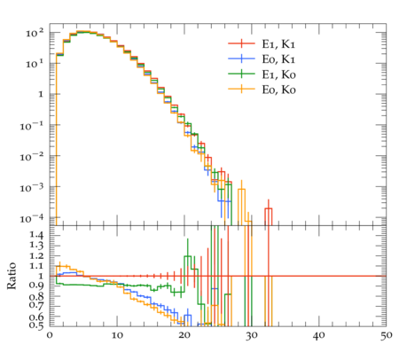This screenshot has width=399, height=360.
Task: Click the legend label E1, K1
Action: pos(278,44)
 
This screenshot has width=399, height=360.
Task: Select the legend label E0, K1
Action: pos(278,59)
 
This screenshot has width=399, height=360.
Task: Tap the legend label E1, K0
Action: pos(278,74)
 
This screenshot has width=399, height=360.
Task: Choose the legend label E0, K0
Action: pos(278,90)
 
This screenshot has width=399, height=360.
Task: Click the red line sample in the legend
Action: pos(241,43)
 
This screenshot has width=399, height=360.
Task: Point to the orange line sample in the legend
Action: pos(241,89)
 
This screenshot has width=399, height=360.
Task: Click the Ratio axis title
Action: pos(12,276)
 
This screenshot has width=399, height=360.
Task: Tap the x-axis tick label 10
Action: pos(117,336)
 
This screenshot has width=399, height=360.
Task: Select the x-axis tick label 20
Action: pos(184,336)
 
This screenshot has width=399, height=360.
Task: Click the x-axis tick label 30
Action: pos(252,336)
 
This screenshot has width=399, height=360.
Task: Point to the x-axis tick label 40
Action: pos(319,336)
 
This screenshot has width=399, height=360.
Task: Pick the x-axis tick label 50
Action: pos(387,336)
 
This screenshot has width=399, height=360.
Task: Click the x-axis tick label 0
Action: pos(50,336)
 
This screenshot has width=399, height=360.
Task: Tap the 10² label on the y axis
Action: pos(35,33)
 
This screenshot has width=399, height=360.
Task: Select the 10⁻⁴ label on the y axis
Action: pos(32,219)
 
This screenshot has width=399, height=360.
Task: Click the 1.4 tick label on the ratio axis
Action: pos(36,235)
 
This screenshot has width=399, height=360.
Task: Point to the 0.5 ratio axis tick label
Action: pos(36,325)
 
